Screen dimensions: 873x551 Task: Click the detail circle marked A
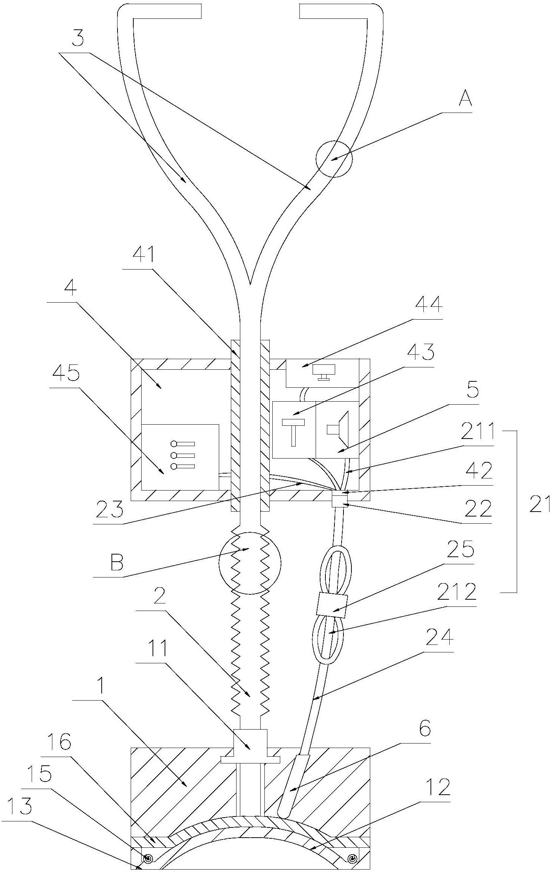pos(334,158)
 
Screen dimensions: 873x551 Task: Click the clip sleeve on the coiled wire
pos(333,605)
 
